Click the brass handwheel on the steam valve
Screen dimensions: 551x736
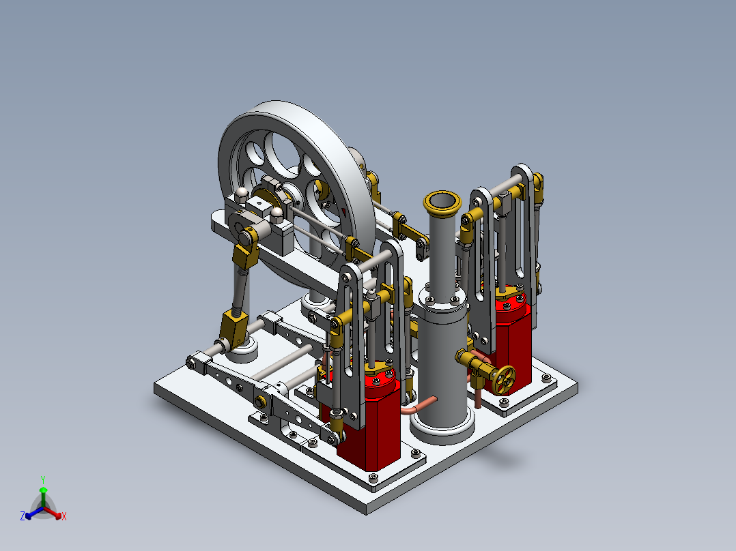click(x=505, y=379)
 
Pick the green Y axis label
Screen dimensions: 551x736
click(x=42, y=479)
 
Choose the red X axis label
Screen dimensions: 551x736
click(x=63, y=517)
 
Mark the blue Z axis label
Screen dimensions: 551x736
click(x=23, y=517)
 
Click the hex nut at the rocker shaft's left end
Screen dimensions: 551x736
click(x=192, y=361)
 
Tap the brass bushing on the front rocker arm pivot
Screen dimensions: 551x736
click(x=261, y=400)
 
